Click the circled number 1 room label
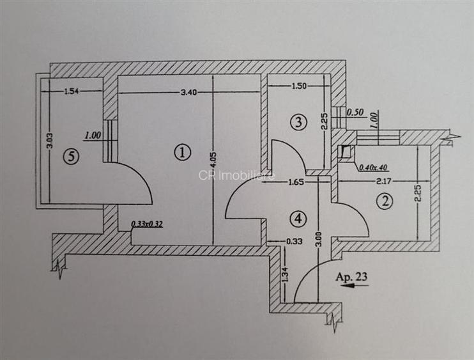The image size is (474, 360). click(183, 152)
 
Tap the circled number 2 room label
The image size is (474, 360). click(385, 201)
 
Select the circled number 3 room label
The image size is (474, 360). click(298, 122)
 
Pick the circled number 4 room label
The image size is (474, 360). click(298, 218)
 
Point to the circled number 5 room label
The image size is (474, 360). click(71, 157)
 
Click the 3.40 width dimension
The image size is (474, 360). click(188, 92)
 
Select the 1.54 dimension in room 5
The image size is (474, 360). click(72, 91)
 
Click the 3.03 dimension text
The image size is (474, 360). click(50, 141)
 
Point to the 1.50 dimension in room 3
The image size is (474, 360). click(299, 86)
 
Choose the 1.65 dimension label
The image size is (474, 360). click(296, 182)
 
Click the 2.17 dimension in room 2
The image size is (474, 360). click(384, 182)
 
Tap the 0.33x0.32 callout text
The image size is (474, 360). click(147, 224)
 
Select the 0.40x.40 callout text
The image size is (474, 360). click(372, 168)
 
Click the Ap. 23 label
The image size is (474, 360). click(351, 276)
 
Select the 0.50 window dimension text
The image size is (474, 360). click(355, 113)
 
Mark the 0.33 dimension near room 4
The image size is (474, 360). click(294, 242)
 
